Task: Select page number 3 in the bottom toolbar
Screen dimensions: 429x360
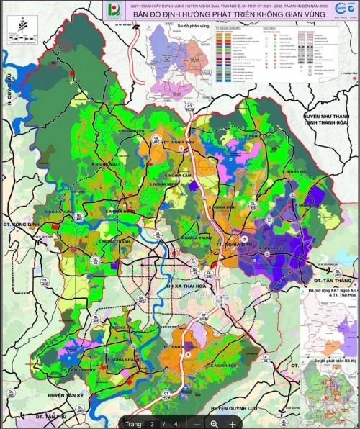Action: (x=152, y=424)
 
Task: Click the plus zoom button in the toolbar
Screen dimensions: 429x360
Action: (x=233, y=424)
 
